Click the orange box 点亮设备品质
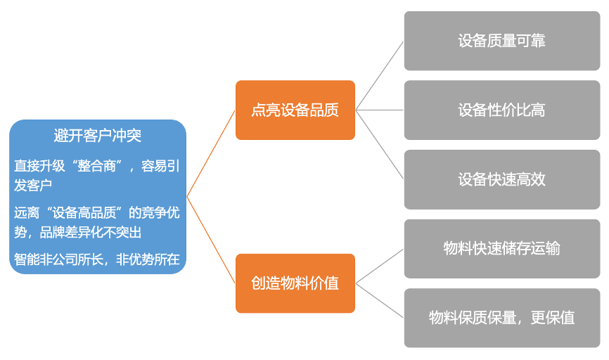pos(295,110)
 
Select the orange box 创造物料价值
pos(295,283)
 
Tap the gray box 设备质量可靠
pos(501,41)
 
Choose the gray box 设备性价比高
pos(501,110)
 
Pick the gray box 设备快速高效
pos(501,179)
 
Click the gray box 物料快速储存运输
pos(501,248)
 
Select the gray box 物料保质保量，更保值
pos(501,317)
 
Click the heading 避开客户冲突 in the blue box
pos(97,136)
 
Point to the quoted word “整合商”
pos(90,167)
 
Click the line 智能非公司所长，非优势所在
pos(97,259)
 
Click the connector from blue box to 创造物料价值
pos(211,240)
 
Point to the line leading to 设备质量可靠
pos(380,75)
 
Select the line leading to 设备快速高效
pos(380,145)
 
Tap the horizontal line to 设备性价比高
pos(380,110)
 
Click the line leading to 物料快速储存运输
pos(380,266)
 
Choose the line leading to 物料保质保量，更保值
pos(380,300)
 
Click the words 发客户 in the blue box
pos(34,186)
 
